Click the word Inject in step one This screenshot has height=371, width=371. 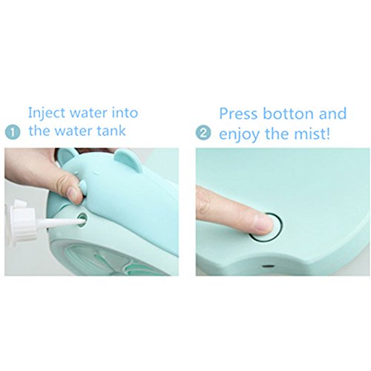pyautogui.click(x=47, y=114)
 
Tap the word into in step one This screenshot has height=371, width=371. pyautogui.click(x=125, y=113)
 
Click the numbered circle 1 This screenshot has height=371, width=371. pyautogui.click(x=13, y=133)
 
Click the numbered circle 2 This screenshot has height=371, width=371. pyautogui.click(x=203, y=133)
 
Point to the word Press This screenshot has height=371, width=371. pyautogui.click(x=238, y=114)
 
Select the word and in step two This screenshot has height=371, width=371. pyautogui.click(x=332, y=114)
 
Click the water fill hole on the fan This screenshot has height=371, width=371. pyautogui.click(x=82, y=217)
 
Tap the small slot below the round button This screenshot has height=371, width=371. pyautogui.click(x=267, y=266)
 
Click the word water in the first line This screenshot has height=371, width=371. pyautogui.click(x=88, y=113)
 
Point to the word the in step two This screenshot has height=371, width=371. pyautogui.click(x=276, y=134)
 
